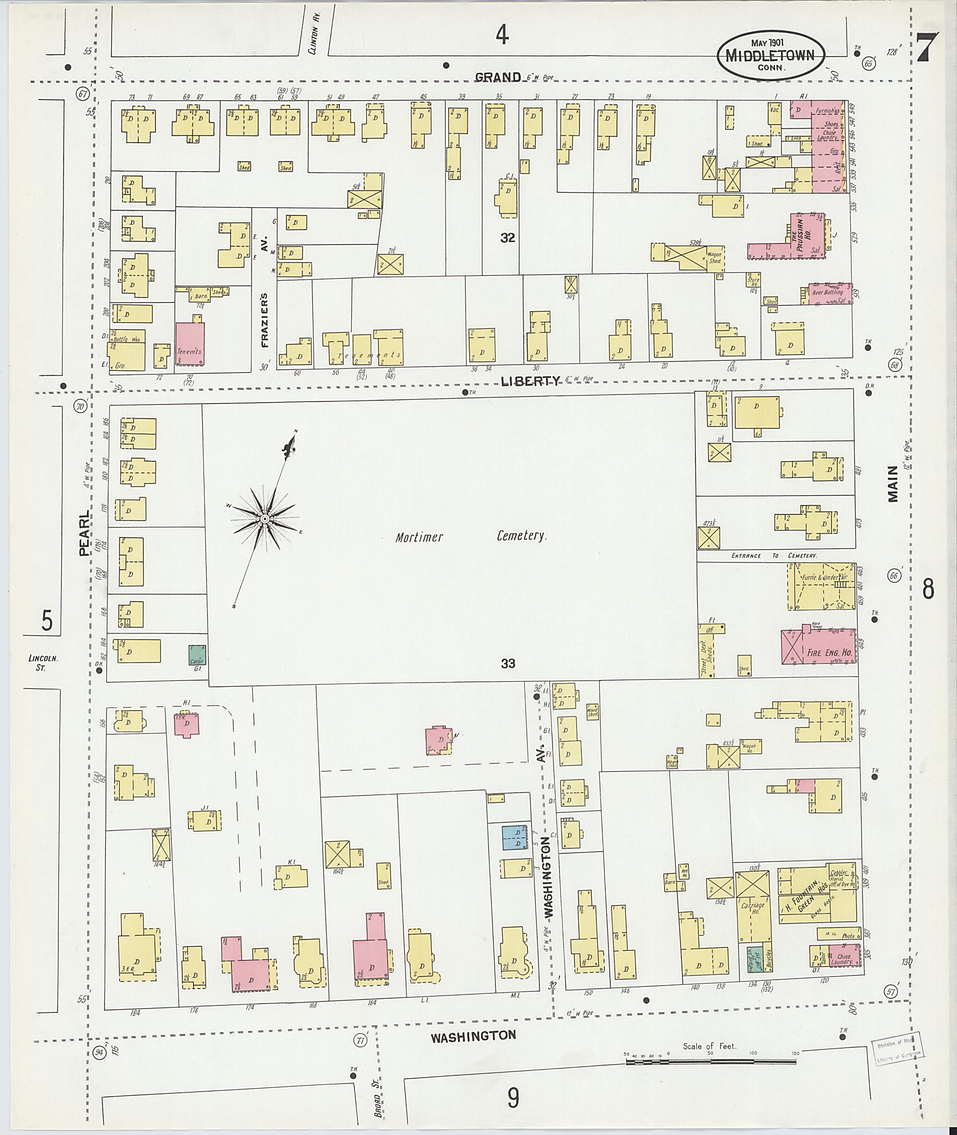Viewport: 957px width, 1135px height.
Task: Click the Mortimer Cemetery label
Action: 471,537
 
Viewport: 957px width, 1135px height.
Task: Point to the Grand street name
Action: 498,77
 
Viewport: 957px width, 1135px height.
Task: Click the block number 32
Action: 508,238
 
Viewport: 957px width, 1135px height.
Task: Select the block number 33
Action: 508,663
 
